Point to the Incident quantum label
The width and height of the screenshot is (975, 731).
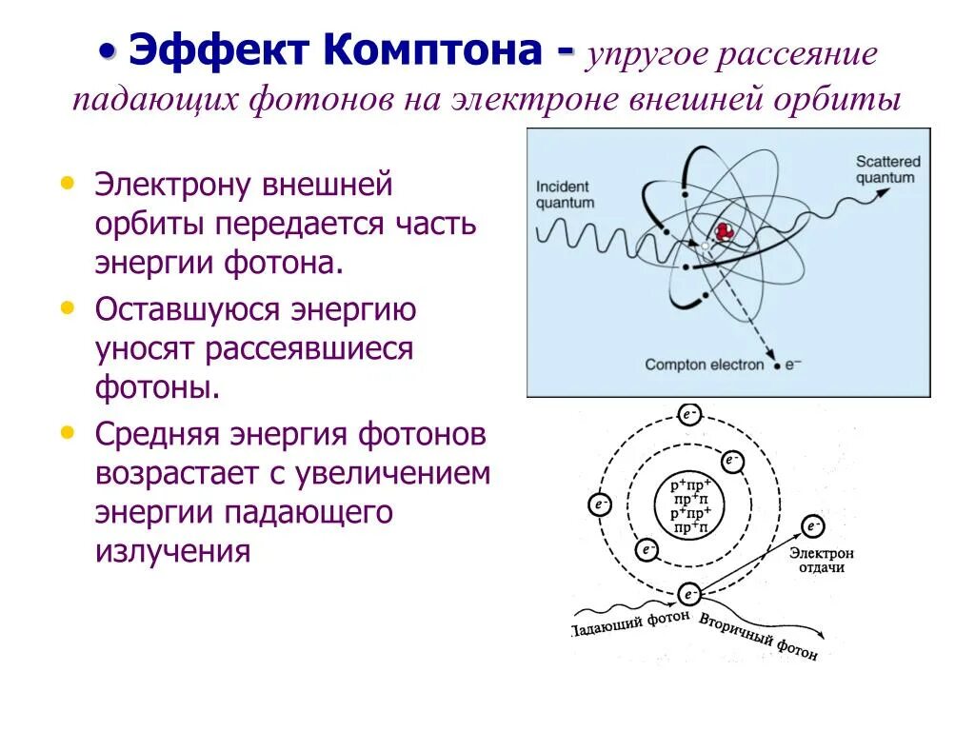(x=565, y=194)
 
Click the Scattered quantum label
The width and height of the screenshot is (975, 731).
(x=885, y=169)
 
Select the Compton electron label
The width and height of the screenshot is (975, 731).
(x=705, y=364)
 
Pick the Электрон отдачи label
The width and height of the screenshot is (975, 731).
(x=822, y=560)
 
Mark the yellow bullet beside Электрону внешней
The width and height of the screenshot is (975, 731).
(x=66, y=180)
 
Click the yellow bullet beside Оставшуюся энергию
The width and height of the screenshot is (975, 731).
(x=66, y=306)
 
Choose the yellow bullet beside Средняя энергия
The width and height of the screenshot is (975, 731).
(x=66, y=431)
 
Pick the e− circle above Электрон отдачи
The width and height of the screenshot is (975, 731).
(x=812, y=526)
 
